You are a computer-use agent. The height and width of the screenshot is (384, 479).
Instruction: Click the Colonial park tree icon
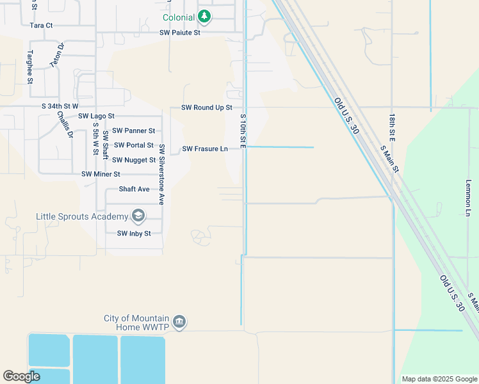(204, 16)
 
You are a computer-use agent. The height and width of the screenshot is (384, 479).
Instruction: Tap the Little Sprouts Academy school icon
(137, 216)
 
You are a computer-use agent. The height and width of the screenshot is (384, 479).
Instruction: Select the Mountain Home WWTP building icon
(179, 322)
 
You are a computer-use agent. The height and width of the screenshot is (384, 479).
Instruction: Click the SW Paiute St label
(180, 32)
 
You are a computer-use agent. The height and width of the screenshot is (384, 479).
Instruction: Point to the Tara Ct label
(41, 26)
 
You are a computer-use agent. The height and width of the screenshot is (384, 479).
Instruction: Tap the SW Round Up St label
(206, 108)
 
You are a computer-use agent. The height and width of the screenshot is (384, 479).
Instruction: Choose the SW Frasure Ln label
(205, 149)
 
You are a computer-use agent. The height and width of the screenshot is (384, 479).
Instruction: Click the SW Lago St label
(96, 116)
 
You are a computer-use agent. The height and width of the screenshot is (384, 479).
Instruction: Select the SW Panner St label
(133, 131)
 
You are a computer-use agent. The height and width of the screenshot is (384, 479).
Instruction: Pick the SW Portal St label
(133, 145)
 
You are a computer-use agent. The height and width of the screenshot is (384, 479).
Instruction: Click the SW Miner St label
(101, 174)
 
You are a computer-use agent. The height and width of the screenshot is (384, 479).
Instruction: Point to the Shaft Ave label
(134, 189)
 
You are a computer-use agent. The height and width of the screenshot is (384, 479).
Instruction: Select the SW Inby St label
(133, 234)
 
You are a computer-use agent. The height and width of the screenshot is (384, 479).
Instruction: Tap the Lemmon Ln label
(468, 196)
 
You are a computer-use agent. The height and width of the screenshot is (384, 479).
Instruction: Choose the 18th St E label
(391, 128)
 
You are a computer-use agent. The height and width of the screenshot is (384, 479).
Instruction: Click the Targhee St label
(29, 66)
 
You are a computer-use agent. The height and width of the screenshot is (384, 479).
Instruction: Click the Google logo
(22, 376)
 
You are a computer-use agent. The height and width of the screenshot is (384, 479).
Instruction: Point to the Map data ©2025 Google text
(439, 379)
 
